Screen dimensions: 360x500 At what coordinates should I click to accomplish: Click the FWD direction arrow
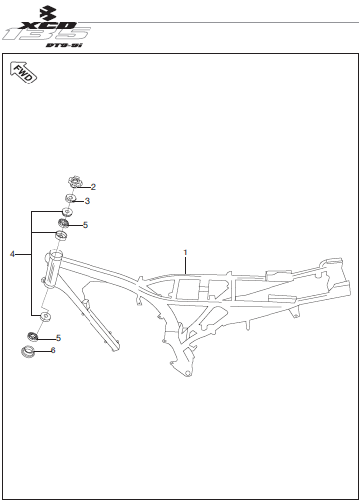(23, 73)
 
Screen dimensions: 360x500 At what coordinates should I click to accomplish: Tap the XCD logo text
(48, 25)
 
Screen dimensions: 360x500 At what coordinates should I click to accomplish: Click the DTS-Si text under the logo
(64, 45)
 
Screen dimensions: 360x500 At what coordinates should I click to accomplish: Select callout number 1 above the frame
(185, 252)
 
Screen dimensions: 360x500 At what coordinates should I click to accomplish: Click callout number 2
(93, 187)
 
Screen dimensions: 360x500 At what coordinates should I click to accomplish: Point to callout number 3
(87, 201)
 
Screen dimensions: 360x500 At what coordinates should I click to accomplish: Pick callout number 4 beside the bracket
(13, 254)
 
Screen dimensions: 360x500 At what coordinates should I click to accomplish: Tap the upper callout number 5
(85, 225)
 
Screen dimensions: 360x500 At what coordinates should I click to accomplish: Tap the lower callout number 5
(58, 338)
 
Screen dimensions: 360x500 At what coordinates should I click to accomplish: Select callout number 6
(53, 350)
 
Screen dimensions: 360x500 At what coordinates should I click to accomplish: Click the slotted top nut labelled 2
(74, 182)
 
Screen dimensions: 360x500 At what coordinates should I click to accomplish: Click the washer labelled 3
(70, 199)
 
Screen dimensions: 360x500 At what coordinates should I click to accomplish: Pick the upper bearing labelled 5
(63, 223)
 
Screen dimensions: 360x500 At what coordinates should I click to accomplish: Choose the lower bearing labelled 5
(32, 336)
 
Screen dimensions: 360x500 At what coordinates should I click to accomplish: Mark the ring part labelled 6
(27, 351)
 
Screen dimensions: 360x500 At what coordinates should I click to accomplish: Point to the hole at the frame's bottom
(188, 374)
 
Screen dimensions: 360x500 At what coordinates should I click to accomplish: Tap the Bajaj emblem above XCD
(48, 13)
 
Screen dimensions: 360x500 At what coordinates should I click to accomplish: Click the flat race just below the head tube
(45, 316)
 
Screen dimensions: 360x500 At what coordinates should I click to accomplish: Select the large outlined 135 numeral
(47, 34)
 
